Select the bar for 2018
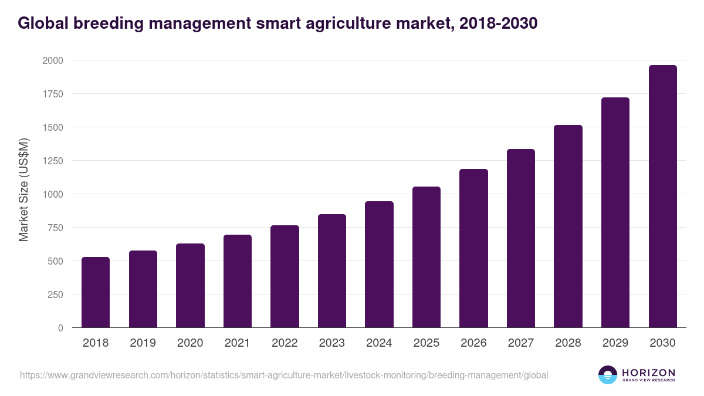pyautogui.click(x=96, y=292)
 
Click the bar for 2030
pyautogui.click(x=662, y=197)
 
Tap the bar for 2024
pyautogui.click(x=379, y=265)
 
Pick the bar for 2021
pyautogui.click(x=238, y=281)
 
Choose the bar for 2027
pyautogui.click(x=521, y=238)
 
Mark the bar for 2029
pyautogui.click(x=615, y=212)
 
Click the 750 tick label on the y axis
pyautogui.click(x=55, y=228)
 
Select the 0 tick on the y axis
pyautogui.click(x=60, y=328)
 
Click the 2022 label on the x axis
pyautogui.click(x=285, y=343)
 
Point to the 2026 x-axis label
pyautogui.click(x=473, y=343)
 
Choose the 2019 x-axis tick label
pyautogui.click(x=143, y=343)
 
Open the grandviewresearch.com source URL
pyautogui.click(x=284, y=375)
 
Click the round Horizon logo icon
pyautogui.click(x=608, y=375)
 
